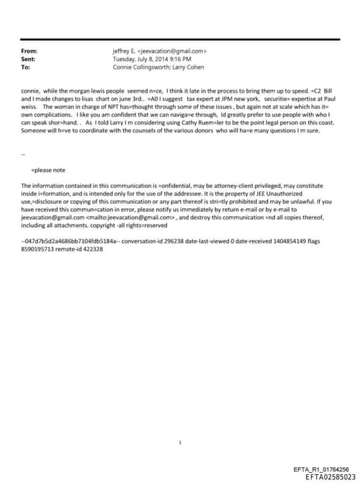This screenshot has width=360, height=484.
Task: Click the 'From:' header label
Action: click(x=29, y=51)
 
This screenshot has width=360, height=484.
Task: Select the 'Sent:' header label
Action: click(x=28, y=59)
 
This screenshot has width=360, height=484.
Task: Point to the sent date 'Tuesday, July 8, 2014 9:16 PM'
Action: click(x=152, y=59)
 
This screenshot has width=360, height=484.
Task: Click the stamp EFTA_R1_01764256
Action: click(x=321, y=469)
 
